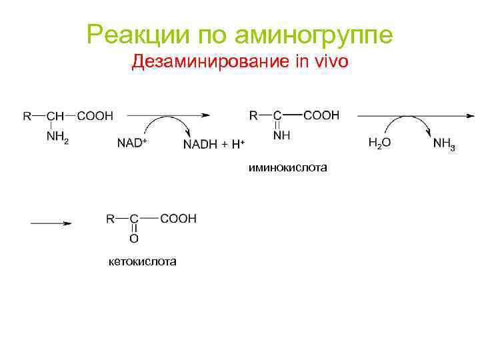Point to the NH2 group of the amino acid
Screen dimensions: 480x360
coord(57,138)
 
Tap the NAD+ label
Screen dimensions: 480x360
coord(132,143)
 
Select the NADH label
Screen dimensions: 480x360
coord(200,144)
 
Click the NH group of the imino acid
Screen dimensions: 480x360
coord(282,136)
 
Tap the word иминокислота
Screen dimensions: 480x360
coord(288,168)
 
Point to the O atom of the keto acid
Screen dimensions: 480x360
coord(134,238)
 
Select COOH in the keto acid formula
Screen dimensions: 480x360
coord(179,218)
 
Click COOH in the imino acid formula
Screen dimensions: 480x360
coord(321,115)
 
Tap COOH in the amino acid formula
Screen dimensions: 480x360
coord(95,116)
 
